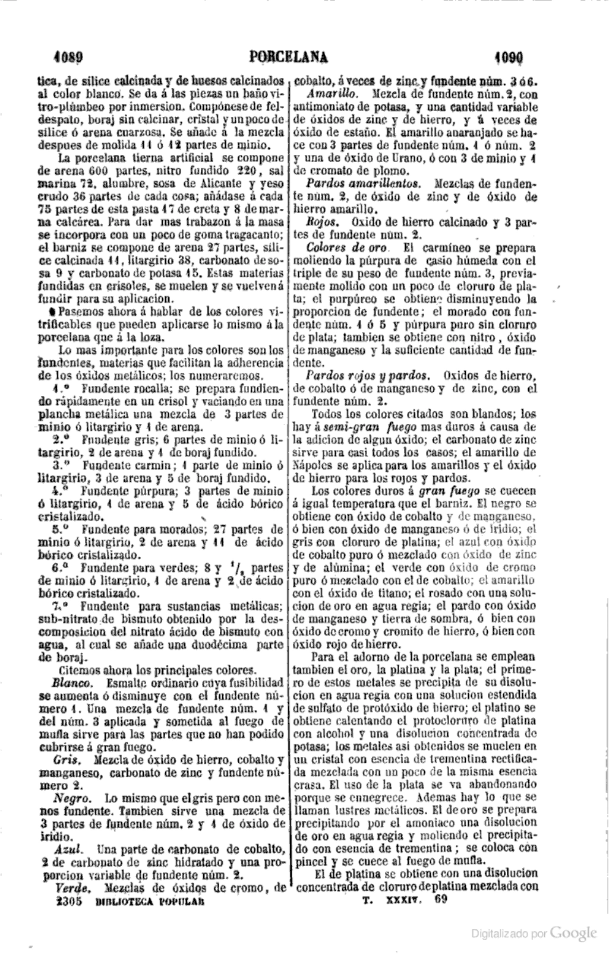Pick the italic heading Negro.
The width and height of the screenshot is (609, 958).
(x=71, y=798)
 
